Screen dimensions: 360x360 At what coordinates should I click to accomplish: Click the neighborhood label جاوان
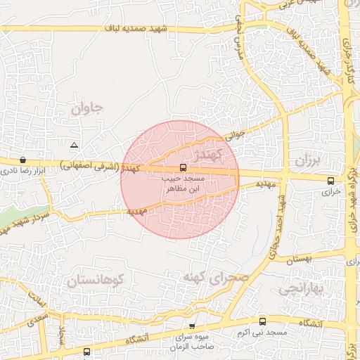coord(87,108)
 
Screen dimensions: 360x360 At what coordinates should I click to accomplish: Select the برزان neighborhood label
coord(307,161)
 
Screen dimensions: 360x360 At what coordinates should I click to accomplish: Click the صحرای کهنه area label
coord(216,276)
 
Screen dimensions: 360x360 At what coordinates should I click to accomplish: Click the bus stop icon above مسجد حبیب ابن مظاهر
coord(183,168)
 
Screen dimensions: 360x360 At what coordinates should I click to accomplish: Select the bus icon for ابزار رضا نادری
coord(23,160)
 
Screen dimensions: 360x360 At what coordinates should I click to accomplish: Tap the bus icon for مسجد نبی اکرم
coord(263,321)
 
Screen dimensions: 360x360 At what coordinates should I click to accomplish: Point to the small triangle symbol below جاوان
coord(75,145)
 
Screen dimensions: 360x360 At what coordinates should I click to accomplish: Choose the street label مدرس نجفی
coord(239,38)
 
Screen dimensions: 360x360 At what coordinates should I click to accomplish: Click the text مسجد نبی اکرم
coord(269,331)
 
